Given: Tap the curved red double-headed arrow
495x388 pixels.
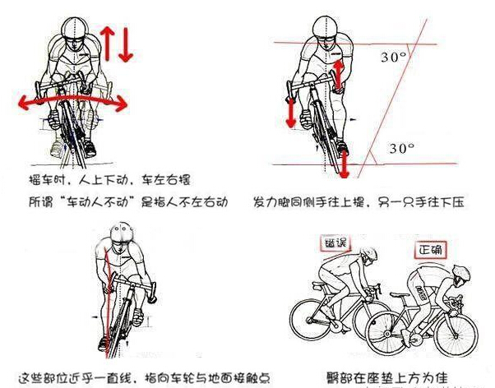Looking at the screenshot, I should coord(72,99).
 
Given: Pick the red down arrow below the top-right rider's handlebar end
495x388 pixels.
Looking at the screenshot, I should coord(290,111).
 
